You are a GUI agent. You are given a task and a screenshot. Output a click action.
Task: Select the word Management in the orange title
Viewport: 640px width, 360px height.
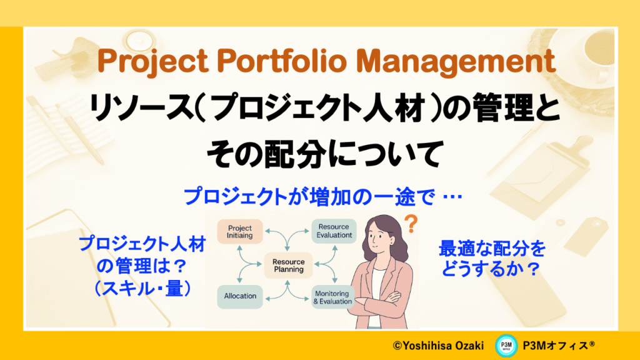click(456, 61)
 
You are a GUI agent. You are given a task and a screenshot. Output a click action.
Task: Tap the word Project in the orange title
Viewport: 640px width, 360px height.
click(152, 62)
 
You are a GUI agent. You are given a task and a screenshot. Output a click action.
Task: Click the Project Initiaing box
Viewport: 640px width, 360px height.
click(239, 232)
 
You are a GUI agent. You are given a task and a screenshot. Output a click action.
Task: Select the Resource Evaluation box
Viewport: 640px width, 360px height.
click(334, 231)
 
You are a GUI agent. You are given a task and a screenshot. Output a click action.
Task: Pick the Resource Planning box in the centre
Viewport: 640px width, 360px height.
click(288, 265)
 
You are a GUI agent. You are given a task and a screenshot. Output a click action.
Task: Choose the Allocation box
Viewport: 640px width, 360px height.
click(240, 296)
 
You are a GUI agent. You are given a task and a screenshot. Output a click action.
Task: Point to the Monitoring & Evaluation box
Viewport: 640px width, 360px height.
click(332, 297)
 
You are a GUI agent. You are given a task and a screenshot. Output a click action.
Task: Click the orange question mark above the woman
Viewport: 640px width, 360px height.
click(411, 224)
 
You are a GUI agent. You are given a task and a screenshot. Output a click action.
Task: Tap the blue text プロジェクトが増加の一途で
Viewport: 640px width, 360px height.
click(309, 197)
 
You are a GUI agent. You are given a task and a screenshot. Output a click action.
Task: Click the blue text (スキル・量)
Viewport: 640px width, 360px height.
click(142, 289)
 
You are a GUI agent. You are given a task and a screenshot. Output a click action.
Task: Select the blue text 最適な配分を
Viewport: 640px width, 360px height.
click(492, 248)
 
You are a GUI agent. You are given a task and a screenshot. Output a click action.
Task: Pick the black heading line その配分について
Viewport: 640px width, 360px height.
click(325, 154)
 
